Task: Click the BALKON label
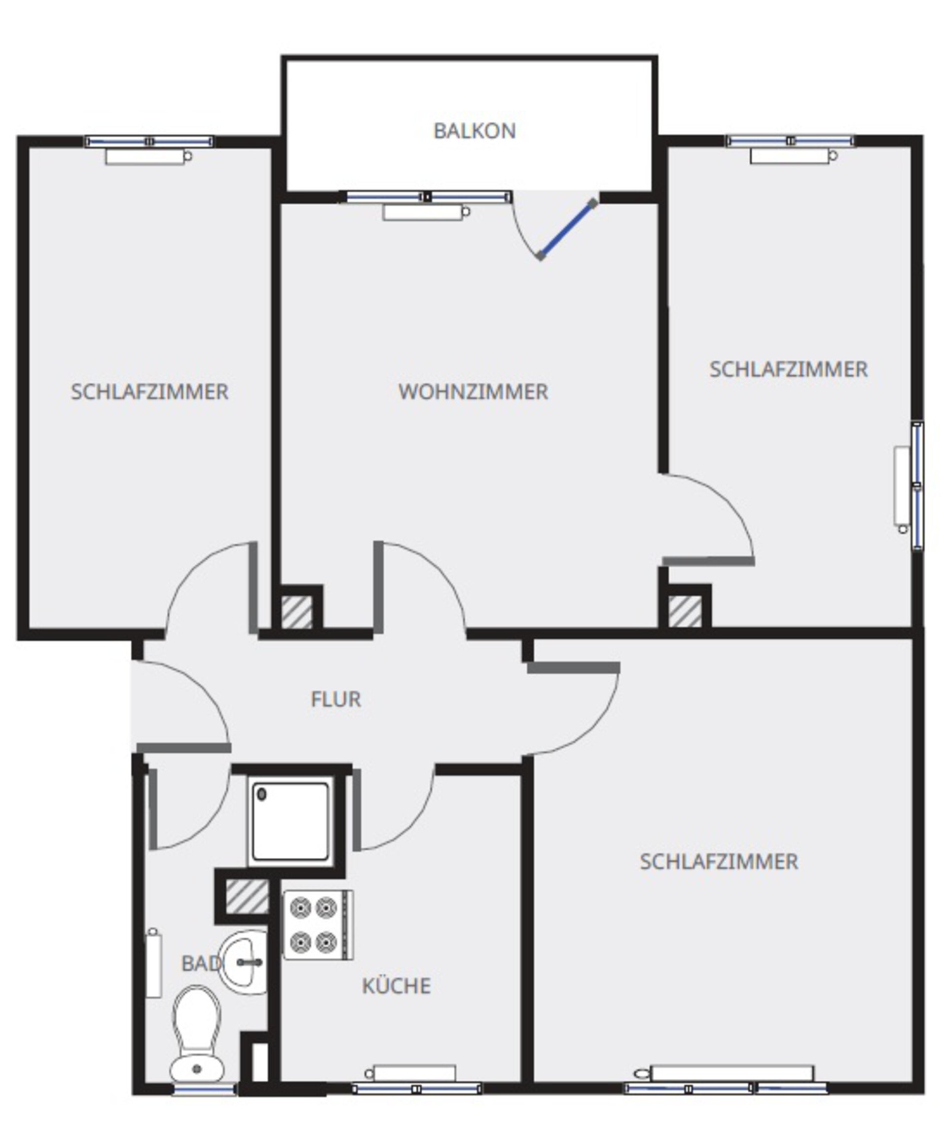click(x=474, y=131)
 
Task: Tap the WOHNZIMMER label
click(x=473, y=392)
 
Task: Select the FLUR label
click(x=336, y=699)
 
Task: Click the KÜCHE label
click(x=396, y=987)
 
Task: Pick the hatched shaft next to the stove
click(x=247, y=897)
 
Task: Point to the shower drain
click(x=262, y=794)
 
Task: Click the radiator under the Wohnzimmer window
click(x=426, y=212)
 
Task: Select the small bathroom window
click(x=204, y=1090)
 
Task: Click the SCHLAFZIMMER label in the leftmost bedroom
click(x=150, y=392)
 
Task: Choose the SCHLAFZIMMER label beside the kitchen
click(x=719, y=862)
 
